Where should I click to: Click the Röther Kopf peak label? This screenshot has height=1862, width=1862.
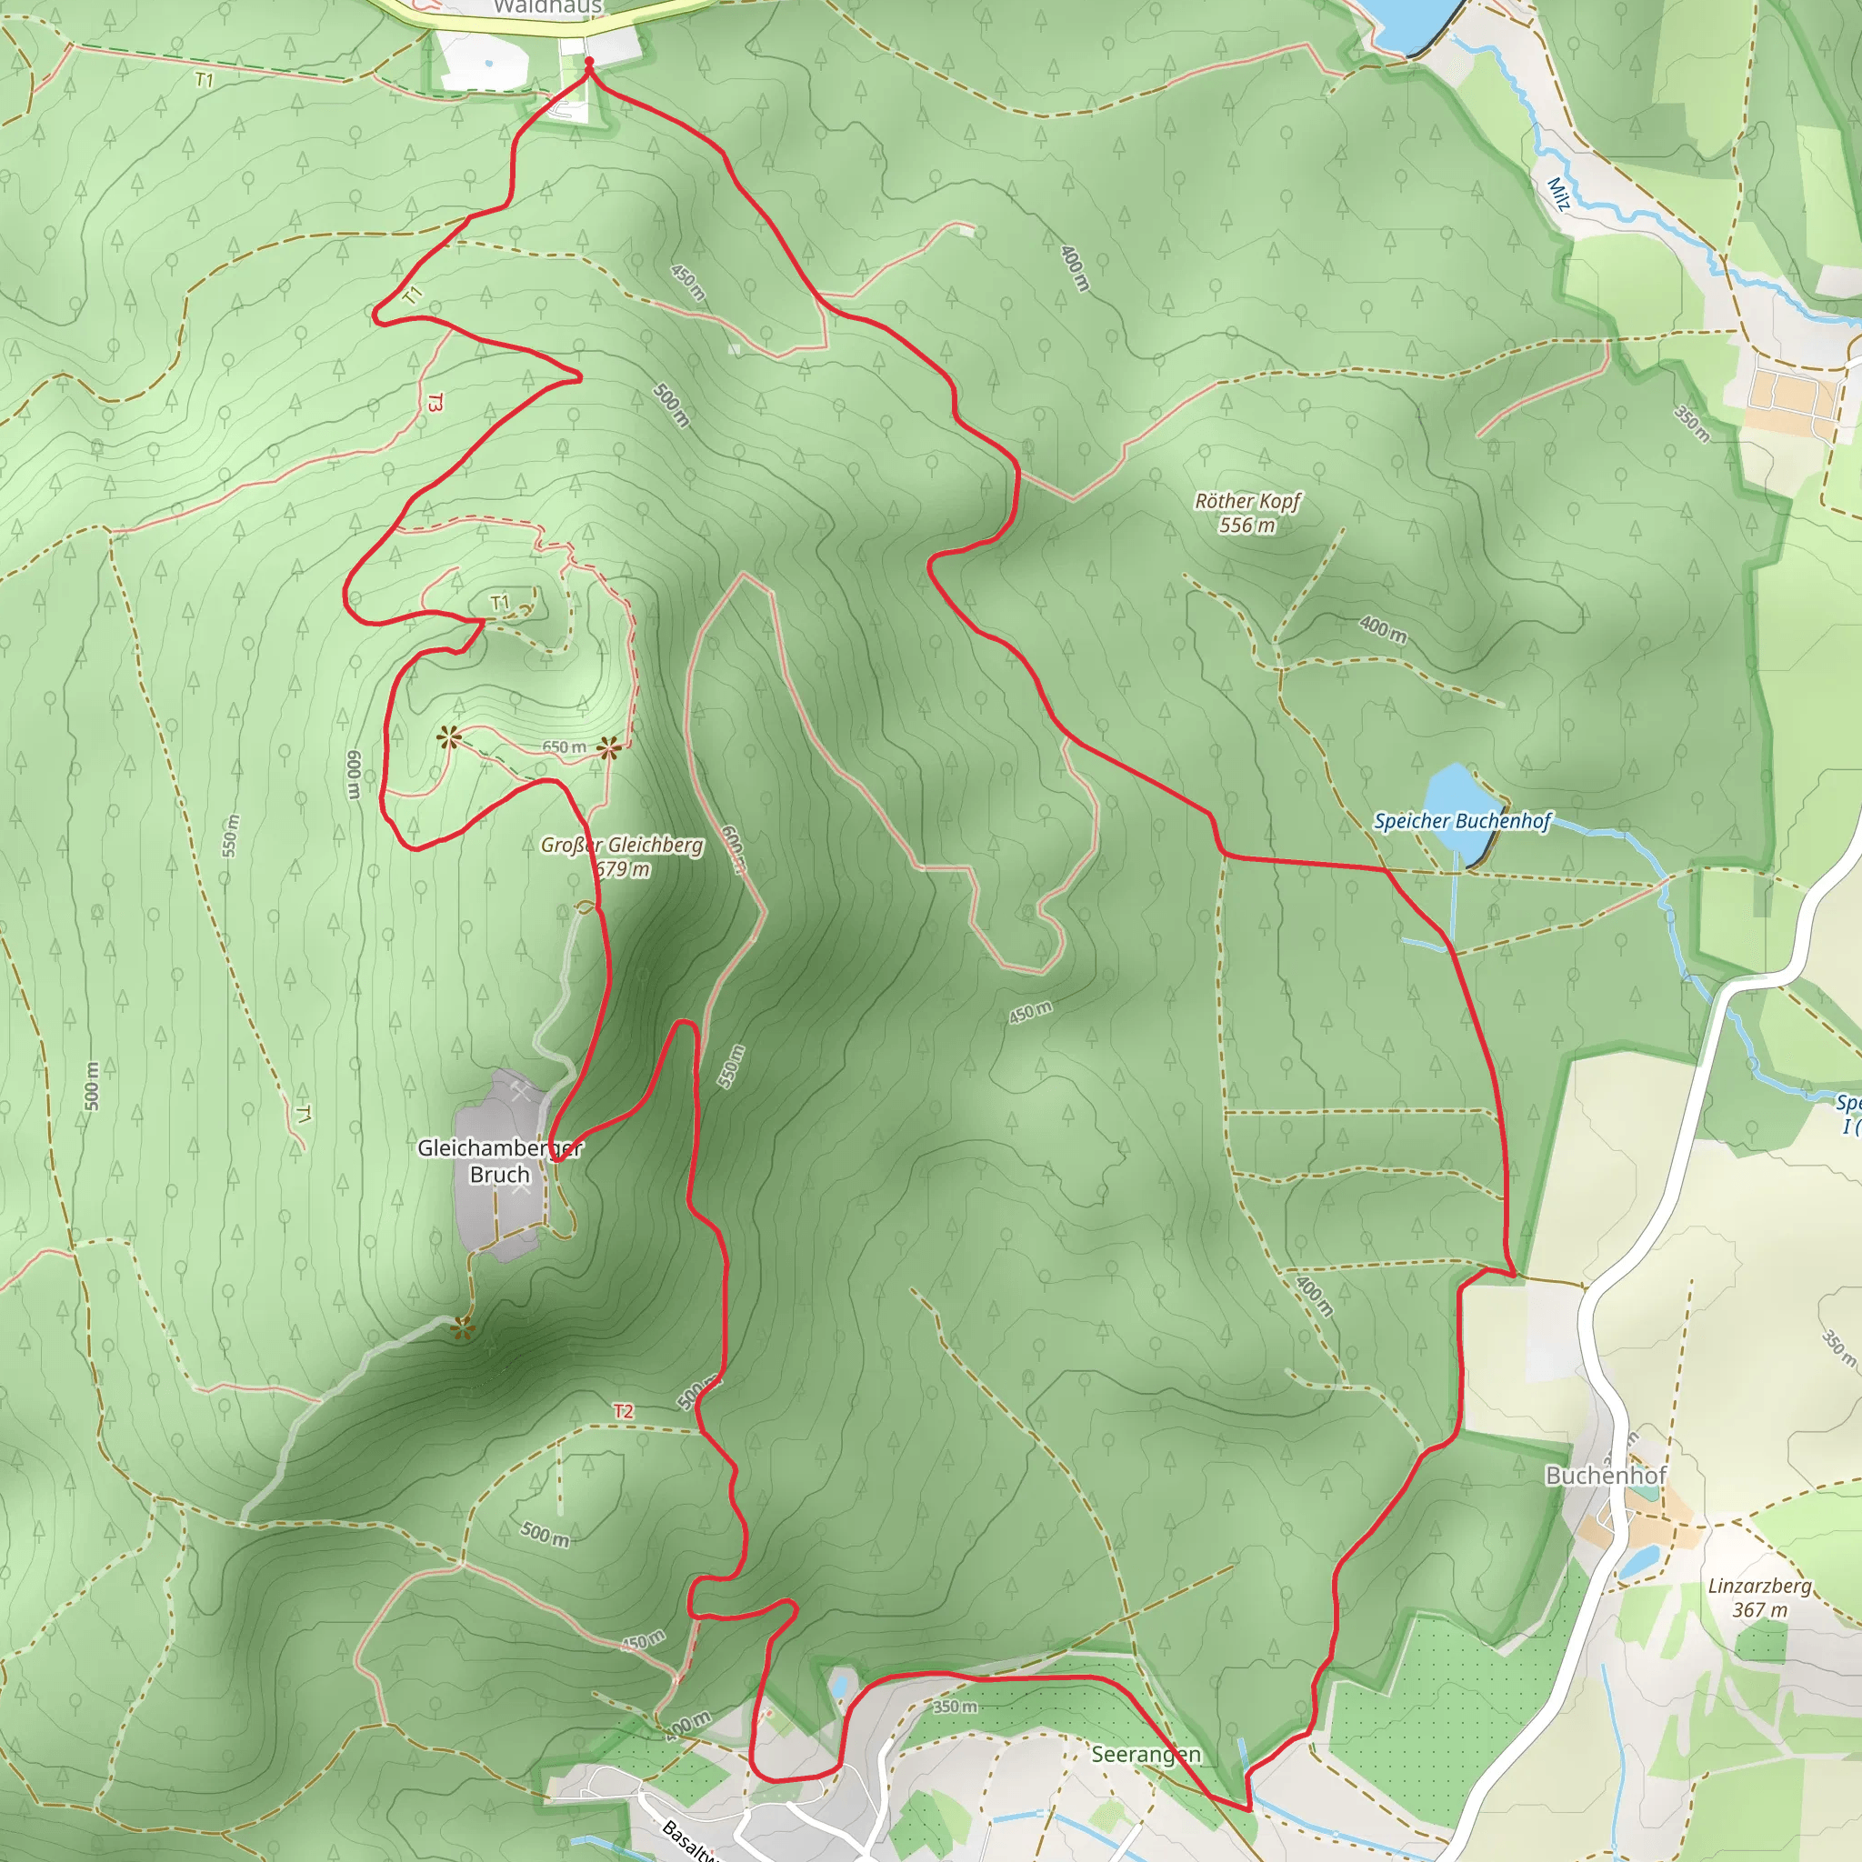pyautogui.click(x=1247, y=501)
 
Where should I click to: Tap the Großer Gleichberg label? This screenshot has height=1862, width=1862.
pyautogui.click(x=622, y=846)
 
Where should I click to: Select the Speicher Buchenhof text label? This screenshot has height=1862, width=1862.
pyautogui.click(x=1461, y=821)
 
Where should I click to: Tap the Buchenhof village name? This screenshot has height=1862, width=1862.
pyautogui.click(x=1606, y=1476)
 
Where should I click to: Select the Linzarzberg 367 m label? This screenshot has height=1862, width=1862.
pyautogui.click(x=1759, y=1597)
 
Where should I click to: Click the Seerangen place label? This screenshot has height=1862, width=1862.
pyautogui.click(x=1146, y=1754)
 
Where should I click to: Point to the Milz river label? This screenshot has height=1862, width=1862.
pyautogui.click(x=1558, y=193)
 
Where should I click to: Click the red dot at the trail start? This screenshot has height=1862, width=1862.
pyautogui.click(x=589, y=62)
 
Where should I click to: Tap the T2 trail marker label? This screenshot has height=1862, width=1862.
pyautogui.click(x=624, y=1411)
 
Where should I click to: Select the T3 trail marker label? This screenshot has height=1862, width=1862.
pyautogui.click(x=435, y=402)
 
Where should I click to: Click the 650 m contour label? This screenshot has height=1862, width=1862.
pyautogui.click(x=564, y=747)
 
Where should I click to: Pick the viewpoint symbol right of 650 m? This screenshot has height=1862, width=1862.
pyautogui.click(x=608, y=747)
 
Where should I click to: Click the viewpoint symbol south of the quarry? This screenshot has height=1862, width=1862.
pyautogui.click(x=464, y=1330)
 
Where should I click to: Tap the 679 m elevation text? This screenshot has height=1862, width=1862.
pyautogui.click(x=623, y=869)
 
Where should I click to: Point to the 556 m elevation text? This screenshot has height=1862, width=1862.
pyautogui.click(x=1246, y=526)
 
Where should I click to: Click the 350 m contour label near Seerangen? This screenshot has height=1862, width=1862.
pyautogui.click(x=954, y=1707)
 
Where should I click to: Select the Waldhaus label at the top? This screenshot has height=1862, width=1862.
pyautogui.click(x=547, y=6)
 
